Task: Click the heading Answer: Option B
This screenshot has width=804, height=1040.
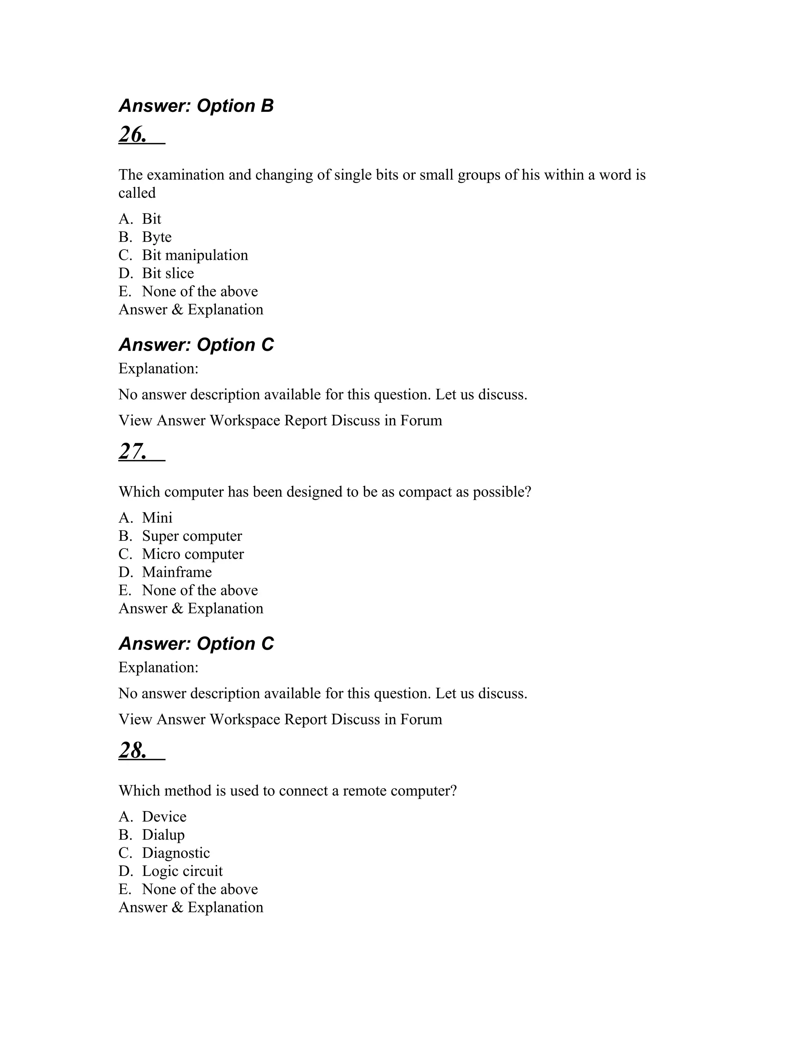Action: click(x=196, y=106)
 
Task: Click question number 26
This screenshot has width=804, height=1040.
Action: click(x=133, y=134)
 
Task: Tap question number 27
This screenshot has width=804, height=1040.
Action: click(x=133, y=451)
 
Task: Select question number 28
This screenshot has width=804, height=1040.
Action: click(x=133, y=750)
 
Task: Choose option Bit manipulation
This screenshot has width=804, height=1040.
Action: click(x=194, y=255)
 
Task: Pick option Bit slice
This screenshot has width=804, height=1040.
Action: click(x=168, y=273)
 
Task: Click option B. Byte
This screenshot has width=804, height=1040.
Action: click(x=156, y=237)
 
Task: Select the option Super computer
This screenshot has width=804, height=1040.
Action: click(x=192, y=536)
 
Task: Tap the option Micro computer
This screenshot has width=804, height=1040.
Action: click(x=192, y=554)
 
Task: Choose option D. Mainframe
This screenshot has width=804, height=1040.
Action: click(x=176, y=572)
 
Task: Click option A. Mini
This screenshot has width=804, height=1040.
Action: click(x=157, y=518)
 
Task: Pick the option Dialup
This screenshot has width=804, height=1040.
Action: click(x=163, y=835)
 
